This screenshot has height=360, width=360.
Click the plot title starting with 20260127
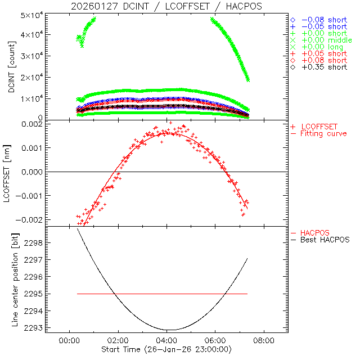point(166,6)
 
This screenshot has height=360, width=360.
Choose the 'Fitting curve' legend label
point(324,133)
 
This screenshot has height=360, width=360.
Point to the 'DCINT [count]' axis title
point(12,65)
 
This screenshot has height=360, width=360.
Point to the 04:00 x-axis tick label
point(166,341)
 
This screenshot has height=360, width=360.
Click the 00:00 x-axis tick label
point(69,341)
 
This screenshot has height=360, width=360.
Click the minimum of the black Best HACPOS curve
point(168,330)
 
